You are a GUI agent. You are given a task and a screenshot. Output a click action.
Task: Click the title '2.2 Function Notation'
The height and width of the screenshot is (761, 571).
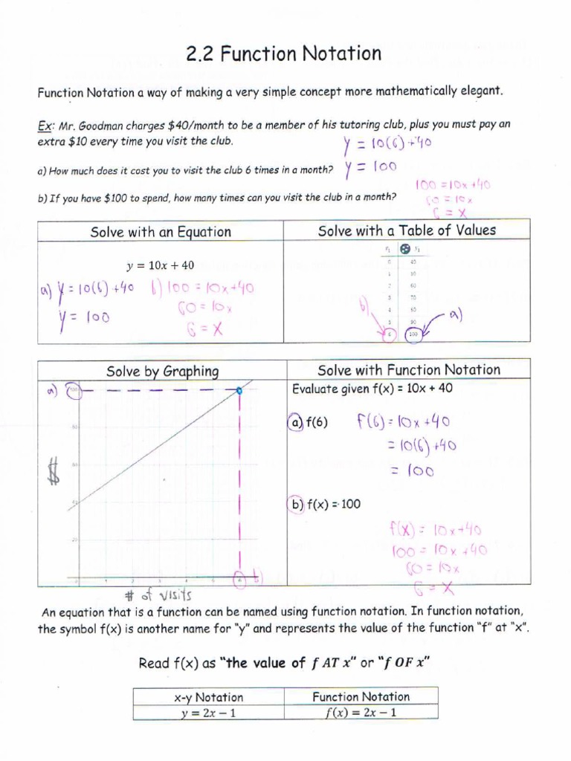(284, 54)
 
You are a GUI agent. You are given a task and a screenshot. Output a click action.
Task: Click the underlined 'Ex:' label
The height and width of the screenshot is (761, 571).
(47, 125)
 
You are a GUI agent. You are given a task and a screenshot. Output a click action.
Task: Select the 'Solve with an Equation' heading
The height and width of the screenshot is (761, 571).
(161, 232)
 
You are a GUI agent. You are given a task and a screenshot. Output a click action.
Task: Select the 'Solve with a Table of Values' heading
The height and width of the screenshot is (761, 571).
(407, 230)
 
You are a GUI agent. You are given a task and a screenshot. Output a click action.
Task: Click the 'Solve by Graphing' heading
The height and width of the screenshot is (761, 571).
(162, 371)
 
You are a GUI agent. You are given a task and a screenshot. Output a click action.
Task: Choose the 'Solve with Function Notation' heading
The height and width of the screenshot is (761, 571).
(409, 370)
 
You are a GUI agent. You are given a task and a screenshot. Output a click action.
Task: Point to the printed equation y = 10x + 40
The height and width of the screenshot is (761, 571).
(161, 265)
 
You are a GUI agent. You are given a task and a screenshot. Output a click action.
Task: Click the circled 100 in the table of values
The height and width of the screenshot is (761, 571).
(413, 334)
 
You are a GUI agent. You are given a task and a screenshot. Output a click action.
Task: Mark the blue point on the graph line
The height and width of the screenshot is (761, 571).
(239, 390)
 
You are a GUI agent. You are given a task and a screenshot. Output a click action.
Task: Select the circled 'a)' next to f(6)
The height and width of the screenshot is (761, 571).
(295, 423)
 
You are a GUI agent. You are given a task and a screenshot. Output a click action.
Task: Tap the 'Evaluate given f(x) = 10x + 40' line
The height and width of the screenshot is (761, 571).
(372, 389)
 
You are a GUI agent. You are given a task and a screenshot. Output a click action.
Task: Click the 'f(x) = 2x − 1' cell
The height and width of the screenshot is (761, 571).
(361, 713)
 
